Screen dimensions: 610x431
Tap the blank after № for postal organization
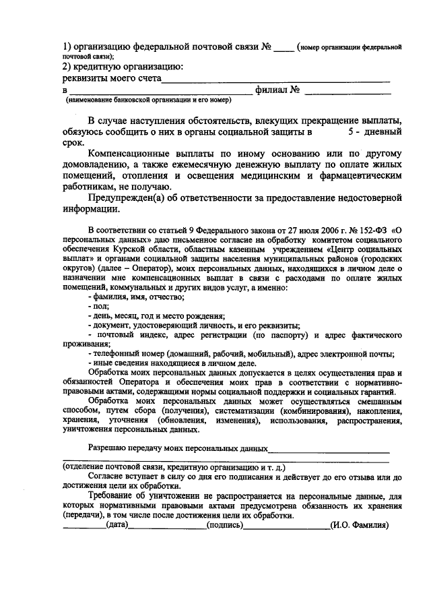284,49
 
